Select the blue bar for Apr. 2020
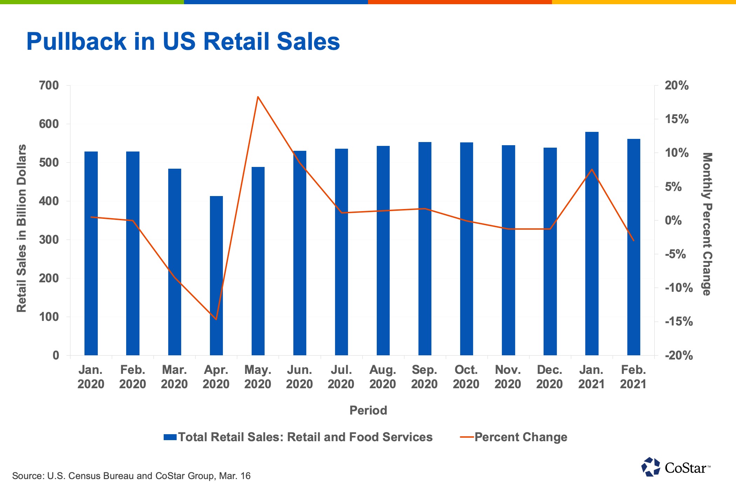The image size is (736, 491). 216,275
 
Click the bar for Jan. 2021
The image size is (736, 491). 592,244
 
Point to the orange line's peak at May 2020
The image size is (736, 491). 258,97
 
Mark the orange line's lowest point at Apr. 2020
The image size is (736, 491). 216,319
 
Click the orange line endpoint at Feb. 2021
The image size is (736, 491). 633,240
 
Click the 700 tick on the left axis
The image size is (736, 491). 49,86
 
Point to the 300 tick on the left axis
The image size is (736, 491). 49,240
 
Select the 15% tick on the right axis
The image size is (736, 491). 676,119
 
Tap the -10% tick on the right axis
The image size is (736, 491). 679,288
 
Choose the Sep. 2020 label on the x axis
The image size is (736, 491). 424,377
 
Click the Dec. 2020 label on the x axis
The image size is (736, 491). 549,377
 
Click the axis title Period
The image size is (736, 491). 368,410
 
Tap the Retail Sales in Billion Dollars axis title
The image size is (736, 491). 22,228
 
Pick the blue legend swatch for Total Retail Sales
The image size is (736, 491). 170,437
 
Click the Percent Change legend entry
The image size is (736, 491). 520,437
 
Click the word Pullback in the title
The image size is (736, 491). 76,41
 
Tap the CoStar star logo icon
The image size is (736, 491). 650,467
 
